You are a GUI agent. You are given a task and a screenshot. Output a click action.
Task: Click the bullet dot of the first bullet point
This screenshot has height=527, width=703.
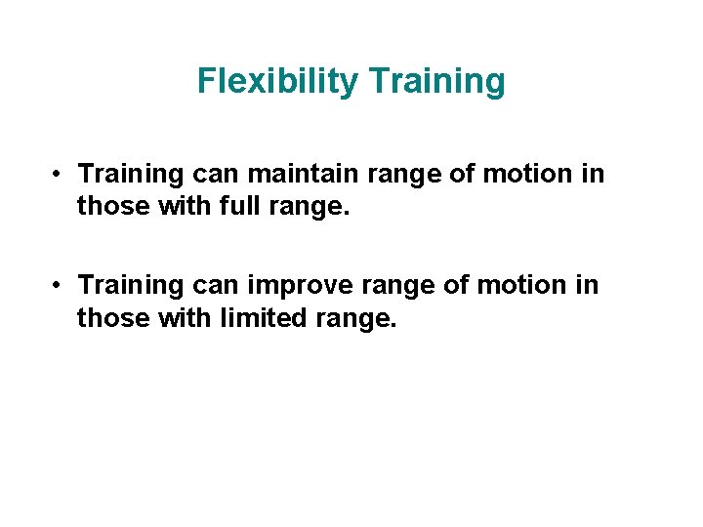click(x=60, y=175)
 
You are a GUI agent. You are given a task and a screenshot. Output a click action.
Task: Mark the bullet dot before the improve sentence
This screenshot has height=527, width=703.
click(x=60, y=286)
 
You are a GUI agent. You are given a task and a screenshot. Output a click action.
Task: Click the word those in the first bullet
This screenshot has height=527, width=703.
click(x=105, y=207)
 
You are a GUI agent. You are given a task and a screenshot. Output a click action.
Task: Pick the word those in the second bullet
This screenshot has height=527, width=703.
click(x=105, y=318)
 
